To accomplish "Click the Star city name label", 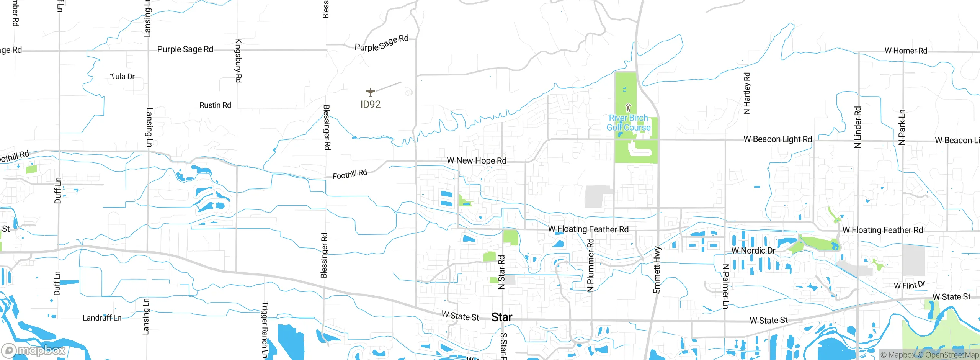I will [x=501, y=317].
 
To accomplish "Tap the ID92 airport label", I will [x=370, y=105].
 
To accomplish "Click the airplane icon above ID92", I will [x=370, y=92].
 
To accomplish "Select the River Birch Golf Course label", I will [x=628, y=123].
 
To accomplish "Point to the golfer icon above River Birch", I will [x=628, y=107].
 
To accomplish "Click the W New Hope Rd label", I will [x=477, y=160].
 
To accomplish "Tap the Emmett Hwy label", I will [x=657, y=270].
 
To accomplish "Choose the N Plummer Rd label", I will [x=591, y=265].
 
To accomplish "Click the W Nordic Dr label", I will [x=753, y=251].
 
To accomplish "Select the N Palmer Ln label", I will [x=725, y=286].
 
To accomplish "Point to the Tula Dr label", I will [x=122, y=77].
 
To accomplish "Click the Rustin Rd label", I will [x=215, y=105].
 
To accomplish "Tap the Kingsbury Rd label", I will [x=238, y=61].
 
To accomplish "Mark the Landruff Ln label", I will [x=102, y=318].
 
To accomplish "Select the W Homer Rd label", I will [x=906, y=51].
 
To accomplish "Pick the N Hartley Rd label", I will [x=747, y=93].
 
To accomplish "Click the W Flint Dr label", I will [x=910, y=285].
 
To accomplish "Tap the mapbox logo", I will [x=34, y=350].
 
